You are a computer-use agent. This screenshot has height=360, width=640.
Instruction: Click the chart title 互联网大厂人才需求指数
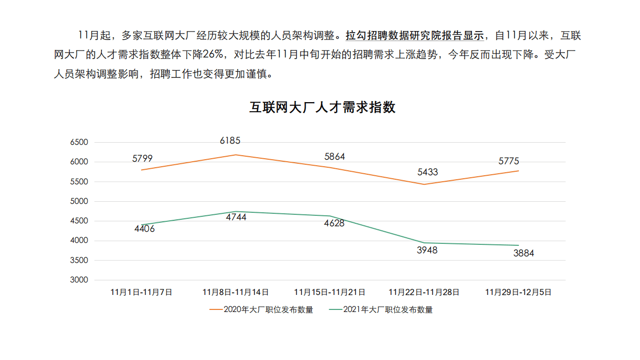pyautogui.click(x=322, y=108)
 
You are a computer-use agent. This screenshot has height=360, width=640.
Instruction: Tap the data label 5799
pyautogui.click(x=143, y=159)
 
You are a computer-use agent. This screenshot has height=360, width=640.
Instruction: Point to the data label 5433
pyautogui.click(x=427, y=172)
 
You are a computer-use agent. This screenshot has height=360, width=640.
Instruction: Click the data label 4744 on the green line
pyautogui.click(x=236, y=217)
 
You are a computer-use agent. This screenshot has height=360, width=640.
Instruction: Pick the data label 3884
pyautogui.click(x=523, y=253)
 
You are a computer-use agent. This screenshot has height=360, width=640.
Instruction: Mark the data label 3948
pyautogui.click(x=427, y=250)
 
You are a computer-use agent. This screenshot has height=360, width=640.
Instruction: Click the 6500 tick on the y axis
pyautogui.click(x=79, y=142)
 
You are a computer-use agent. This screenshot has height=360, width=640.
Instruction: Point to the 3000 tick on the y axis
pyautogui.click(x=79, y=280)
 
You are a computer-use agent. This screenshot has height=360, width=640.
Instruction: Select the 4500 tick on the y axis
pyautogui.click(x=79, y=221)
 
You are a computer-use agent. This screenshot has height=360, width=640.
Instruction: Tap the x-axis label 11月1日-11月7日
pyautogui.click(x=142, y=292)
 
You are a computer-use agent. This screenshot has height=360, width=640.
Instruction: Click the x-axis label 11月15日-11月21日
pyautogui.click(x=329, y=292)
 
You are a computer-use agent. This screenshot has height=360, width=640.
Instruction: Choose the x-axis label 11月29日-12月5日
pyautogui.click(x=518, y=292)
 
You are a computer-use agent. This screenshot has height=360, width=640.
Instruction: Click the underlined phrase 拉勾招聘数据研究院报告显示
pyautogui.click(x=415, y=36)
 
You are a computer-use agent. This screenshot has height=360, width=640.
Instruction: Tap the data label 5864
pyautogui.click(x=334, y=157)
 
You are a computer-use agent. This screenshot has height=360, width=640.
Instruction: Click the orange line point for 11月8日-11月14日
pyautogui.click(x=236, y=155)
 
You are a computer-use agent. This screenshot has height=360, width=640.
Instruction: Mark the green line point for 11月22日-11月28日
pyautogui.click(x=424, y=243)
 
